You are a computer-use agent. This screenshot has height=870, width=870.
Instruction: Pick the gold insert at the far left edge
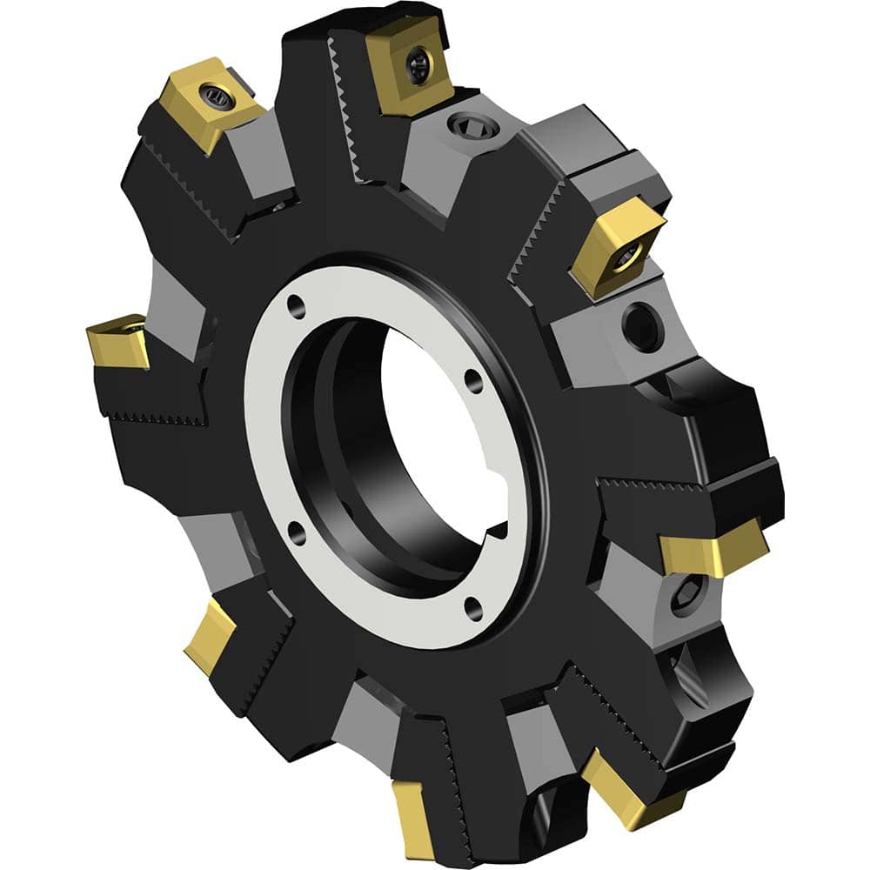pos(117,341)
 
